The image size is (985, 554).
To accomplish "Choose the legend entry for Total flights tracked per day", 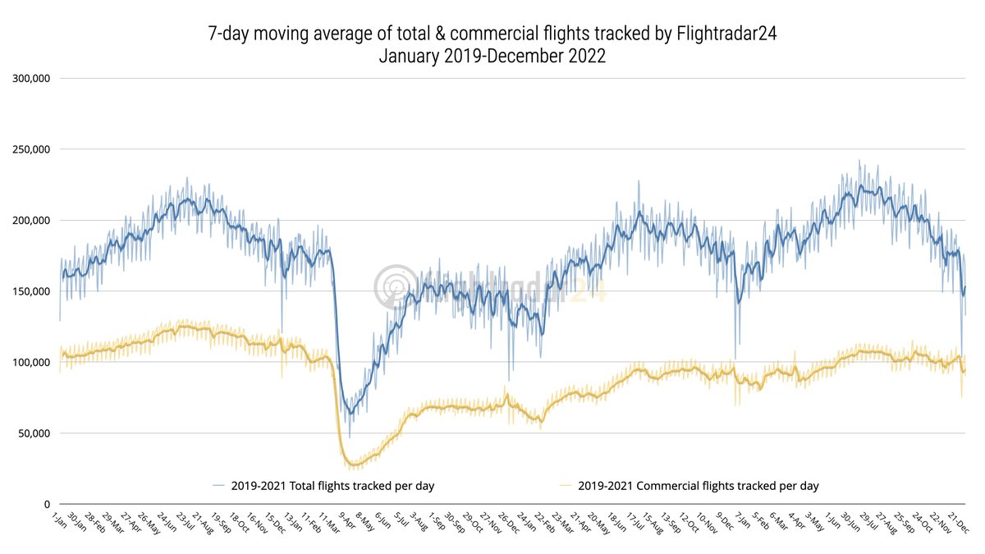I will (x=332, y=486).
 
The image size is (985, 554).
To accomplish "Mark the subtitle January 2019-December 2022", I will (x=492, y=57).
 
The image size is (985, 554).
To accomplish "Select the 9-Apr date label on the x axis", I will (x=346, y=520).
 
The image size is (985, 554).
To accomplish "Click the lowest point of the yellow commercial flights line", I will (x=354, y=466).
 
